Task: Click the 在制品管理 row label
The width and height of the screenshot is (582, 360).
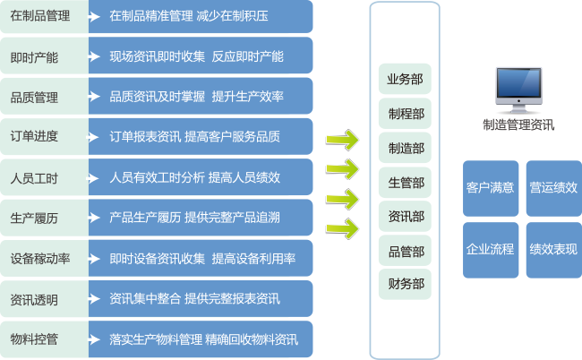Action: [x=41, y=15]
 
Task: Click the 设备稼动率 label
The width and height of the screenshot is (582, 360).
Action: [x=41, y=259]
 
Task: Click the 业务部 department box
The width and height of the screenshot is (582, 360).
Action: [x=406, y=79]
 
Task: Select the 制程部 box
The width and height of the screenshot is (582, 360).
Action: [x=406, y=114]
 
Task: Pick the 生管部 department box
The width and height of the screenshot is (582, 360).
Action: [x=406, y=183]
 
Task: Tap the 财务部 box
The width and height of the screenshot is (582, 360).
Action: [x=406, y=285]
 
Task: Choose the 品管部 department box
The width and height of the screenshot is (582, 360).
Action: [x=406, y=251]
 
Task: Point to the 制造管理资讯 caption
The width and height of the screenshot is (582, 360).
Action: [x=518, y=126]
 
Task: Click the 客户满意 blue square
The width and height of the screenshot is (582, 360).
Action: [x=490, y=188]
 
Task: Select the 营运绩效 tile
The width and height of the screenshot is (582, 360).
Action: [x=552, y=188]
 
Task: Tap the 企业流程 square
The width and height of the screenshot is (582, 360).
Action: [x=490, y=249]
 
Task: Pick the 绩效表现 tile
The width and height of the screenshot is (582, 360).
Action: [x=552, y=249]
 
